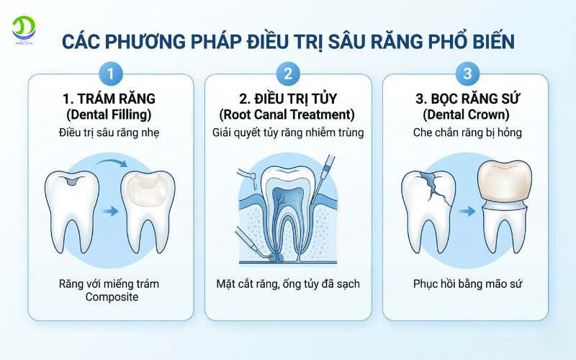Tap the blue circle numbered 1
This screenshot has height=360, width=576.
(x=110, y=73)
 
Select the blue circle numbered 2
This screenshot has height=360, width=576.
(x=288, y=73)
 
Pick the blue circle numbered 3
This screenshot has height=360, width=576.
(x=467, y=73)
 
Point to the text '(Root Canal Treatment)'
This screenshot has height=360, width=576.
(x=288, y=115)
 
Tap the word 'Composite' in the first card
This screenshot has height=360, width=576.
(x=110, y=297)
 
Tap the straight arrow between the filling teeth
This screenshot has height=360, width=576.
(x=110, y=212)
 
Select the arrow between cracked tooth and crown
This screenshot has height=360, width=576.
(x=468, y=212)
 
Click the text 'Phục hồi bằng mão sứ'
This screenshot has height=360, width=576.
(x=467, y=284)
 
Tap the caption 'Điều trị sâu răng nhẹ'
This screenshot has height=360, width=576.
(x=110, y=132)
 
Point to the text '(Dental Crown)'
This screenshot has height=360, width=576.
(x=467, y=115)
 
